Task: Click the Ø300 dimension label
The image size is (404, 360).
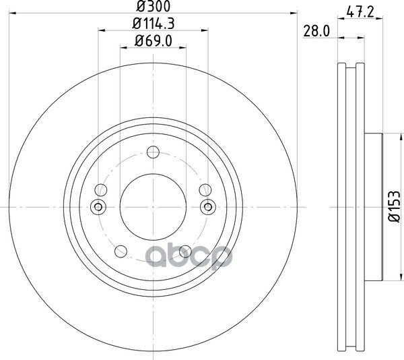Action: (x=154, y=6)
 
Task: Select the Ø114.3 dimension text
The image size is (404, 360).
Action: (x=154, y=24)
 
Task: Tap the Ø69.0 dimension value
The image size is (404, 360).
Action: (x=154, y=41)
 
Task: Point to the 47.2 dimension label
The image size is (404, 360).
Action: (x=360, y=12)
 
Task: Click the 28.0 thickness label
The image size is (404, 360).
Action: (x=316, y=31)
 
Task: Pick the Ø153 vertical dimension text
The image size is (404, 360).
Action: (x=395, y=206)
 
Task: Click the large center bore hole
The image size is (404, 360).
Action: (x=153, y=206)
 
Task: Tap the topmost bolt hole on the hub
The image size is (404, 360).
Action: (x=153, y=152)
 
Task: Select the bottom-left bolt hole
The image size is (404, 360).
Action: (x=121, y=251)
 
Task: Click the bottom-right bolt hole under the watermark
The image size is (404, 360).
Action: (x=185, y=251)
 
